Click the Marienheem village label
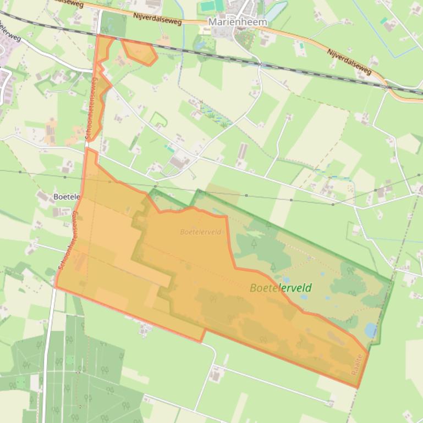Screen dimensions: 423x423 click(238, 22)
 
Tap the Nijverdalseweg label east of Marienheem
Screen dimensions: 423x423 click(349, 61)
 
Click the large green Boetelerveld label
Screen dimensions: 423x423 click(281, 288)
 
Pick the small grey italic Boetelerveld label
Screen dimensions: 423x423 click(200, 232)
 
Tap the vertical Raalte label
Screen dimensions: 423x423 click(358, 365)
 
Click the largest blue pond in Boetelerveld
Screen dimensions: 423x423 click(371, 330)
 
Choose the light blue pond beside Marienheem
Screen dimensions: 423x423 click(276, 9)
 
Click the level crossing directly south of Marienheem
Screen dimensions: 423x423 click(259, 64)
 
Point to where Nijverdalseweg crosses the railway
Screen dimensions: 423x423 click(387, 86)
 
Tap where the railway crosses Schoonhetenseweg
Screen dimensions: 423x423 click(97, 35)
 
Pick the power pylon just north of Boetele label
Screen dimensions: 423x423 click(65, 177)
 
